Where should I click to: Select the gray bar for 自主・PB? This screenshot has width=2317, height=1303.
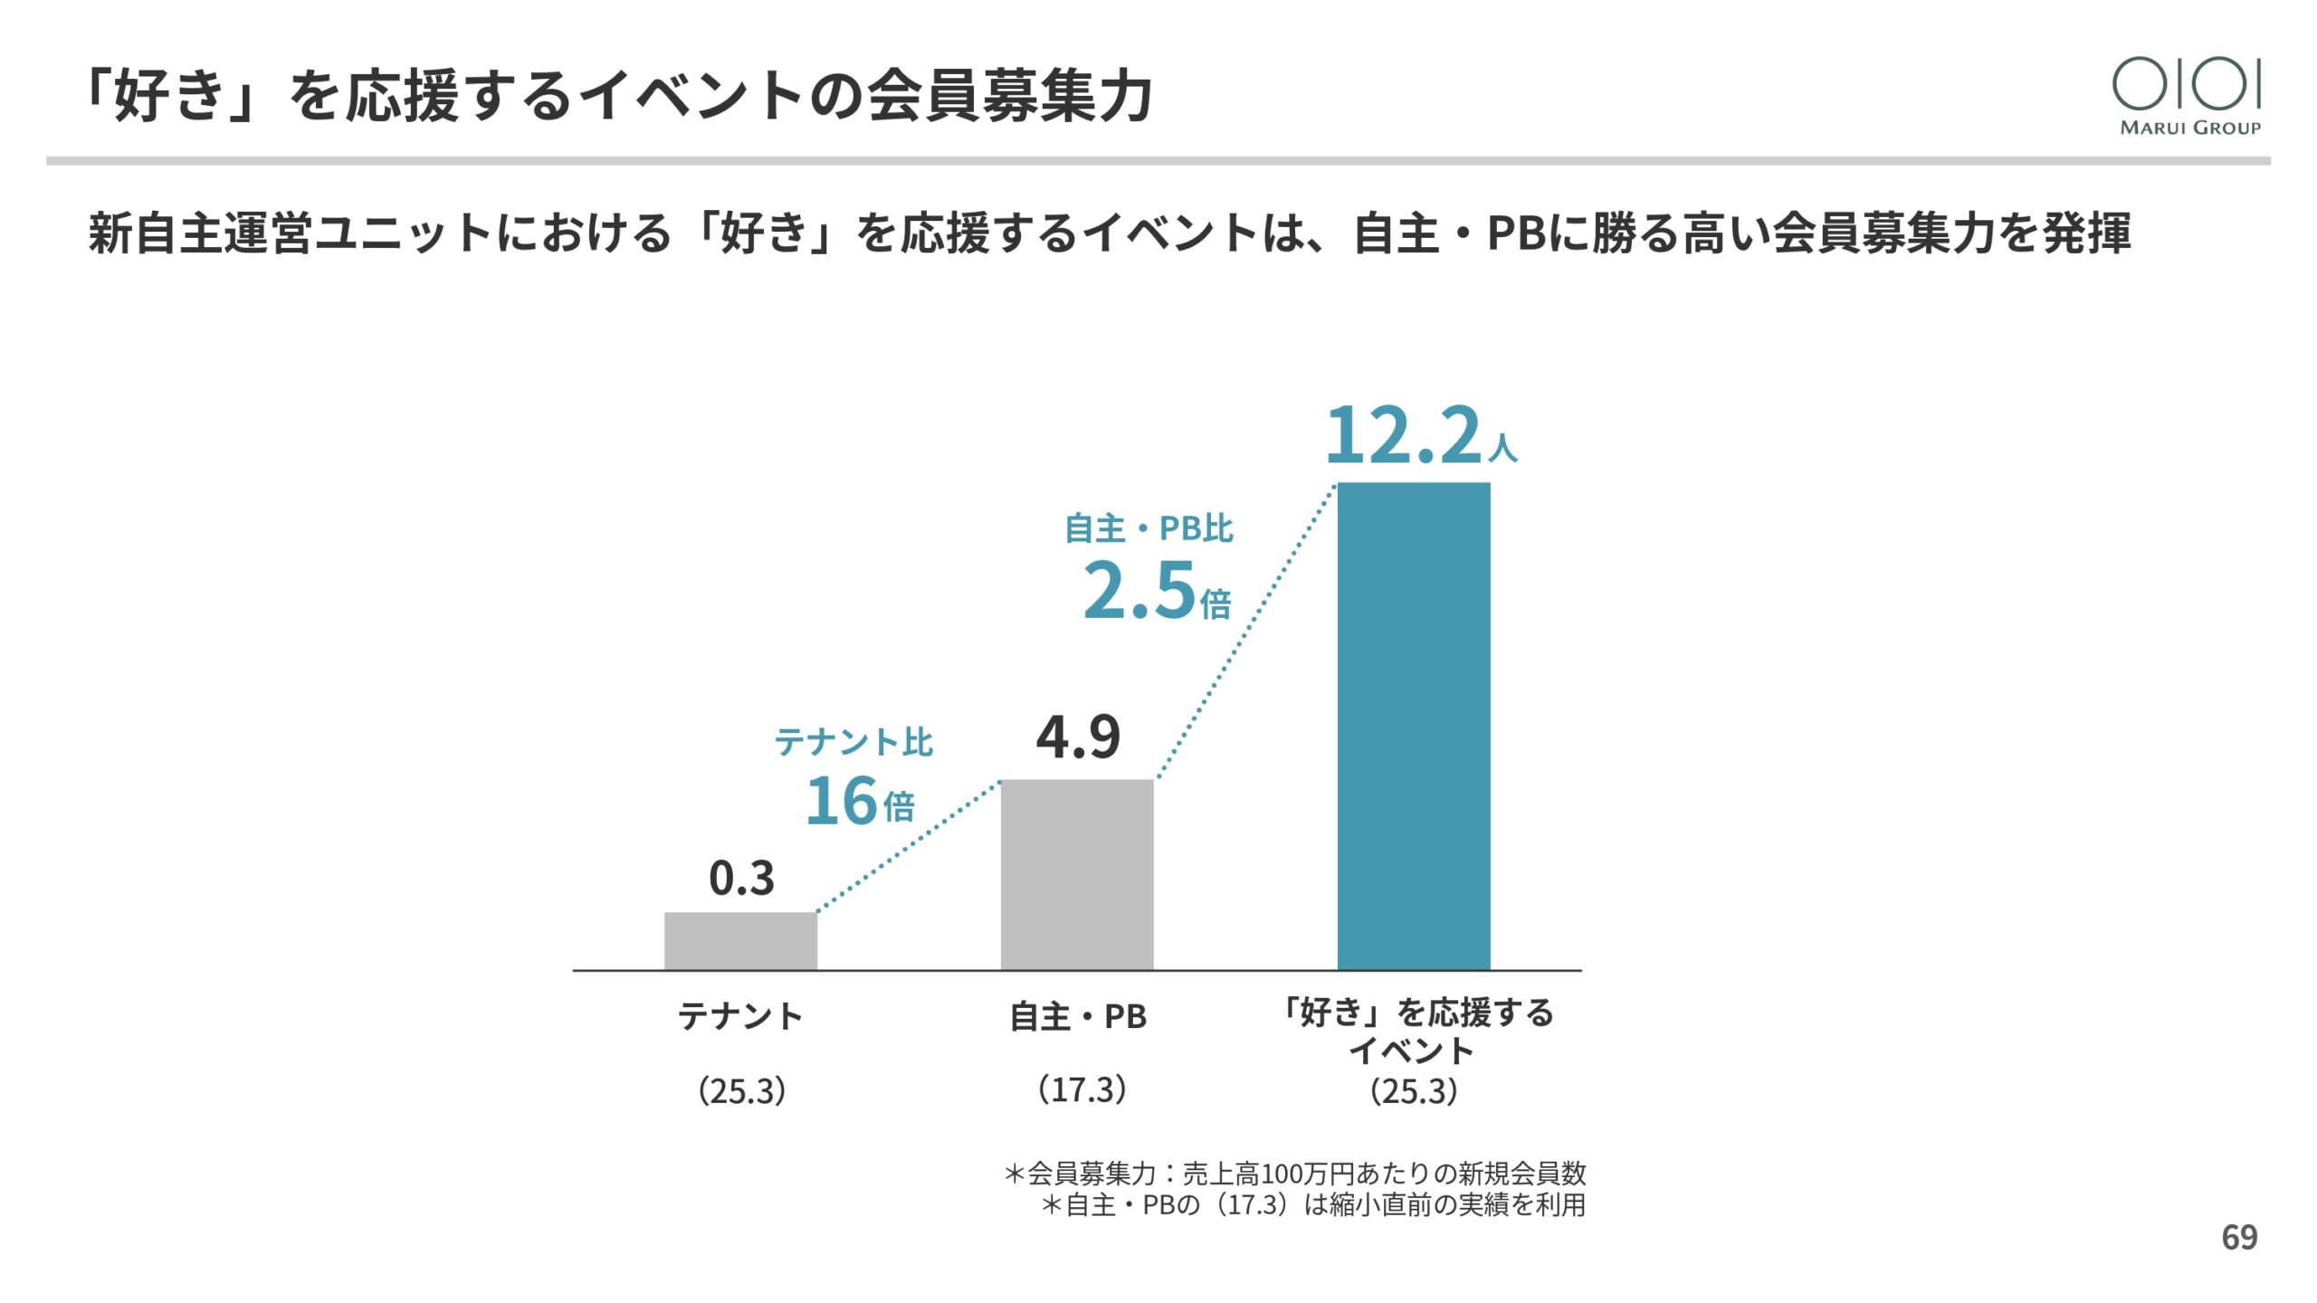pyautogui.click(x=1077, y=874)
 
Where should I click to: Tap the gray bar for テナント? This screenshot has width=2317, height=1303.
pyautogui.click(x=740, y=941)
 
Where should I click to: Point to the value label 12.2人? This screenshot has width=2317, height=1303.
pyautogui.click(x=1419, y=436)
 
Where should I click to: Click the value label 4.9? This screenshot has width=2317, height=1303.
pyautogui.click(x=1078, y=737)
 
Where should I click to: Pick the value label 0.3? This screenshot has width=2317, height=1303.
pyautogui.click(x=741, y=879)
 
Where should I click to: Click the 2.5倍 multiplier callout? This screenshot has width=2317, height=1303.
pyautogui.click(x=1157, y=591)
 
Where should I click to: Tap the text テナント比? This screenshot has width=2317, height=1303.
pyautogui.click(x=853, y=742)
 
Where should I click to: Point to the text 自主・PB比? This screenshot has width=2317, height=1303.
pyautogui.click(x=1149, y=528)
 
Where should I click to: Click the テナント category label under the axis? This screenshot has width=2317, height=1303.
pyautogui.click(x=740, y=1017)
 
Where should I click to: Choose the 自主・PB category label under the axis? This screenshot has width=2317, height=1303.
pyautogui.click(x=1078, y=1017)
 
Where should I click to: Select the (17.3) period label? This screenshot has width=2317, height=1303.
pyautogui.click(x=1082, y=1089)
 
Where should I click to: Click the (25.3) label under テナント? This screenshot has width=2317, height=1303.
pyautogui.click(x=741, y=1091)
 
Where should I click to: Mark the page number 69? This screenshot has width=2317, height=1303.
pyautogui.click(x=2239, y=1238)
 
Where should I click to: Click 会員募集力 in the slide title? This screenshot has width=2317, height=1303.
pyautogui.click(x=1009, y=96)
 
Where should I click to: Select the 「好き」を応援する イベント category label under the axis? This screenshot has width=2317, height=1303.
pyautogui.click(x=1414, y=1032)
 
